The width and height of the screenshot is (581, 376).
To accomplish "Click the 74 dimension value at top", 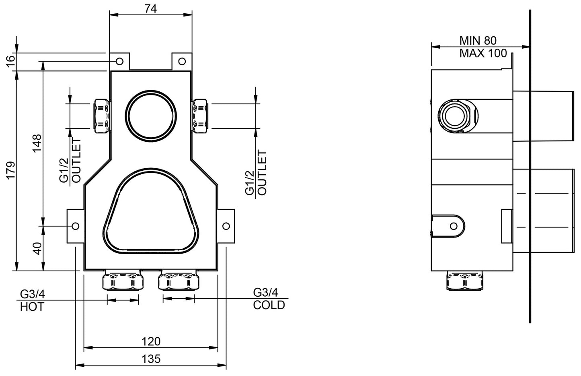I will [150, 9].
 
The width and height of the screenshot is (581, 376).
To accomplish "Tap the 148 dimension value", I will [37, 143].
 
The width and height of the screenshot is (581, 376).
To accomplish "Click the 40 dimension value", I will [37, 248].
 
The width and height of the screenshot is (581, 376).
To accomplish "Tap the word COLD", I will [269, 305].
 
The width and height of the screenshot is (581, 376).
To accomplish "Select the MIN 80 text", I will [478, 40].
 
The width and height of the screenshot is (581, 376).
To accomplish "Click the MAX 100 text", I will [483, 53].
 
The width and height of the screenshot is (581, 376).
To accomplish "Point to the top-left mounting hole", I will [119, 61].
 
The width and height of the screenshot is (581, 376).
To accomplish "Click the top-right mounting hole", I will [182, 61].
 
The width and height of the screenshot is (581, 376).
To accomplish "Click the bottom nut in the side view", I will [465, 280].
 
